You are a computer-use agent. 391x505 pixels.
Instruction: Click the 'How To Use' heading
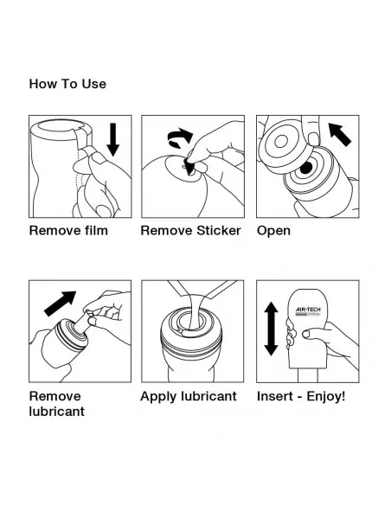(x=67, y=84)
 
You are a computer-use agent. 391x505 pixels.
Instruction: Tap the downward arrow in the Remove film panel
(x=112, y=139)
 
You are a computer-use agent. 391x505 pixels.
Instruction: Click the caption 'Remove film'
(x=68, y=231)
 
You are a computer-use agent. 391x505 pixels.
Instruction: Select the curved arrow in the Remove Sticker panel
(x=180, y=138)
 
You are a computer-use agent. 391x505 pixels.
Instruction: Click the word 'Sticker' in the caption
(x=219, y=231)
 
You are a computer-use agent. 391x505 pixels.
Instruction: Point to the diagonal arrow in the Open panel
(x=340, y=134)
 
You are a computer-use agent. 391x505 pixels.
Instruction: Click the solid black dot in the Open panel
(x=306, y=168)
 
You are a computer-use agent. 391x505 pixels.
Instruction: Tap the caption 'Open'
(x=273, y=231)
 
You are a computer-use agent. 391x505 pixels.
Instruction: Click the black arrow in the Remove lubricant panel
(x=61, y=304)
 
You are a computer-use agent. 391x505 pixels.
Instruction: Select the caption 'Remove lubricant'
(x=57, y=404)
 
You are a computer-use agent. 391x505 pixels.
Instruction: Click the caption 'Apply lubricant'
(x=189, y=396)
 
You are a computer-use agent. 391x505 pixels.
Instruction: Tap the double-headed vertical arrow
(x=271, y=329)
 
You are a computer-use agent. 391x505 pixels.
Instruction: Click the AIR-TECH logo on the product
(x=308, y=311)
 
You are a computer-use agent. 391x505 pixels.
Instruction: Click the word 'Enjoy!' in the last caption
(x=326, y=396)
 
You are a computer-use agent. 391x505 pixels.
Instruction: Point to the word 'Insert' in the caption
(x=275, y=396)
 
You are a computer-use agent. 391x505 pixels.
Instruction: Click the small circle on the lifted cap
(x=281, y=142)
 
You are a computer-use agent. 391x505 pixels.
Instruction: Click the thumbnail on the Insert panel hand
(x=306, y=334)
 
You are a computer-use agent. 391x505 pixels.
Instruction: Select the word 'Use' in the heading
(x=93, y=84)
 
